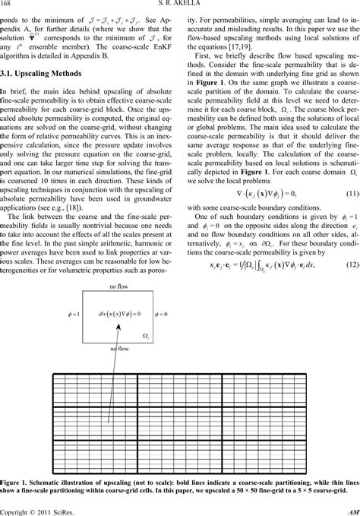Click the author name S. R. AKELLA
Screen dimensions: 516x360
(179, 6)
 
